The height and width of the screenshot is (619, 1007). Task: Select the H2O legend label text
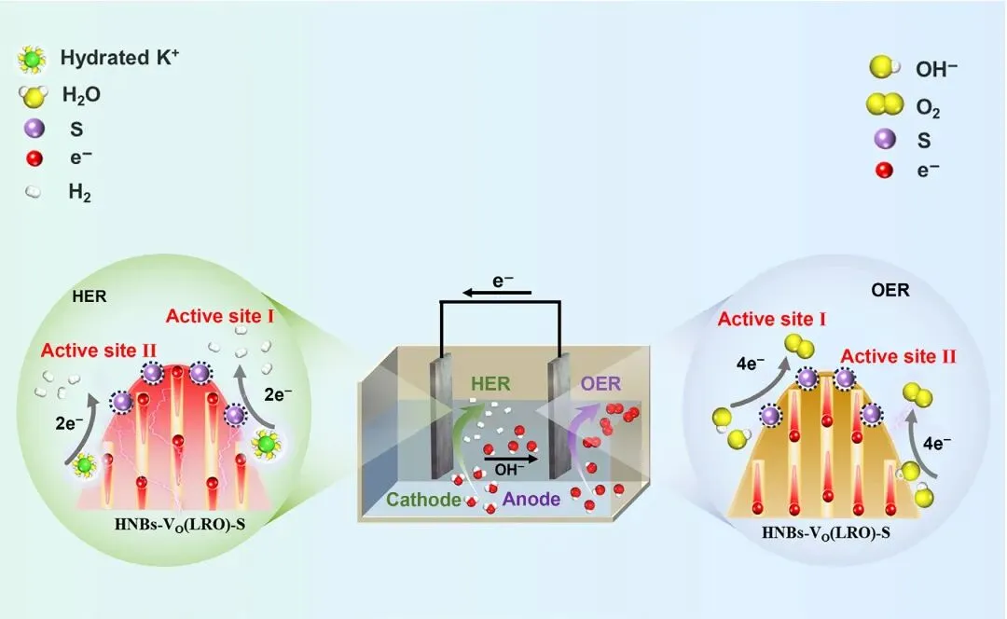click(x=81, y=95)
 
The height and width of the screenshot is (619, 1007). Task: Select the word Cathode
click(x=424, y=500)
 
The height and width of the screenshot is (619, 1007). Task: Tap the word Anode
click(x=531, y=500)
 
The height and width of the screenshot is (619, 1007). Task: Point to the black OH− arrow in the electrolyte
click(x=511, y=460)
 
